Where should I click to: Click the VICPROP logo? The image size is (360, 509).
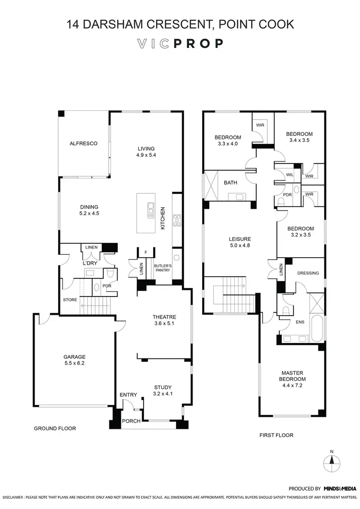[x=180, y=44]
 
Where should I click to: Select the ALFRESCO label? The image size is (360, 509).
[x=84, y=143]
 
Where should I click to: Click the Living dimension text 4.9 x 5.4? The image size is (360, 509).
[x=146, y=155]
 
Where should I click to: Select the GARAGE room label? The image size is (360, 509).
[x=74, y=357]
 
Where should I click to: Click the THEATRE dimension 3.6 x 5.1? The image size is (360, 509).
[x=164, y=324]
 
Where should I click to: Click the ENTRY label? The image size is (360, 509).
[x=129, y=395]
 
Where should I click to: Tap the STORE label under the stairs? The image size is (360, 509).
[x=70, y=300]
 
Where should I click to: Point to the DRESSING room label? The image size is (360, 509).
[x=308, y=273]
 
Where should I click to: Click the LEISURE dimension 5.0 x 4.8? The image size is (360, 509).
[x=240, y=246]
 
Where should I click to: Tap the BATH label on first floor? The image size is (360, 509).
[x=230, y=182]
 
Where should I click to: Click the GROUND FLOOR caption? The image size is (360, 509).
[x=55, y=428]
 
